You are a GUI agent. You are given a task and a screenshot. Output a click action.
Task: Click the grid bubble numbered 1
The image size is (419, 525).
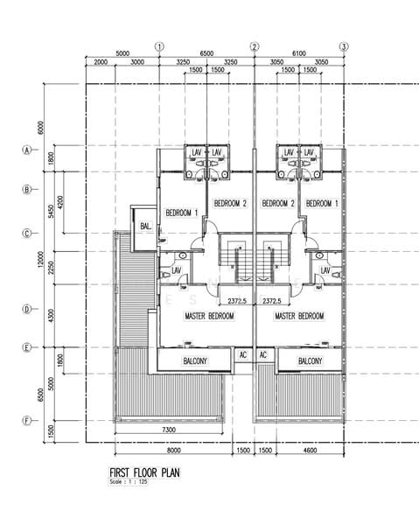[x=159, y=46]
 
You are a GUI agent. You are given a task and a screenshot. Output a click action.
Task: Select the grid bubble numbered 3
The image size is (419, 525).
[x=344, y=46]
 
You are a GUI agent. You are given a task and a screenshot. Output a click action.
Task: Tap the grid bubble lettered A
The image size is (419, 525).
[x=27, y=150]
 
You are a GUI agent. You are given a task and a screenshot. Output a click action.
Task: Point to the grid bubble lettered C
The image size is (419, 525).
[x=27, y=234]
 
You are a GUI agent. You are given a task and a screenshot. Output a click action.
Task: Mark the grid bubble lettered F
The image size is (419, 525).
[x=27, y=420]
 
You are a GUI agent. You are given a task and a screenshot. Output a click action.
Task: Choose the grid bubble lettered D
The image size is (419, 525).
[x=27, y=309]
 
